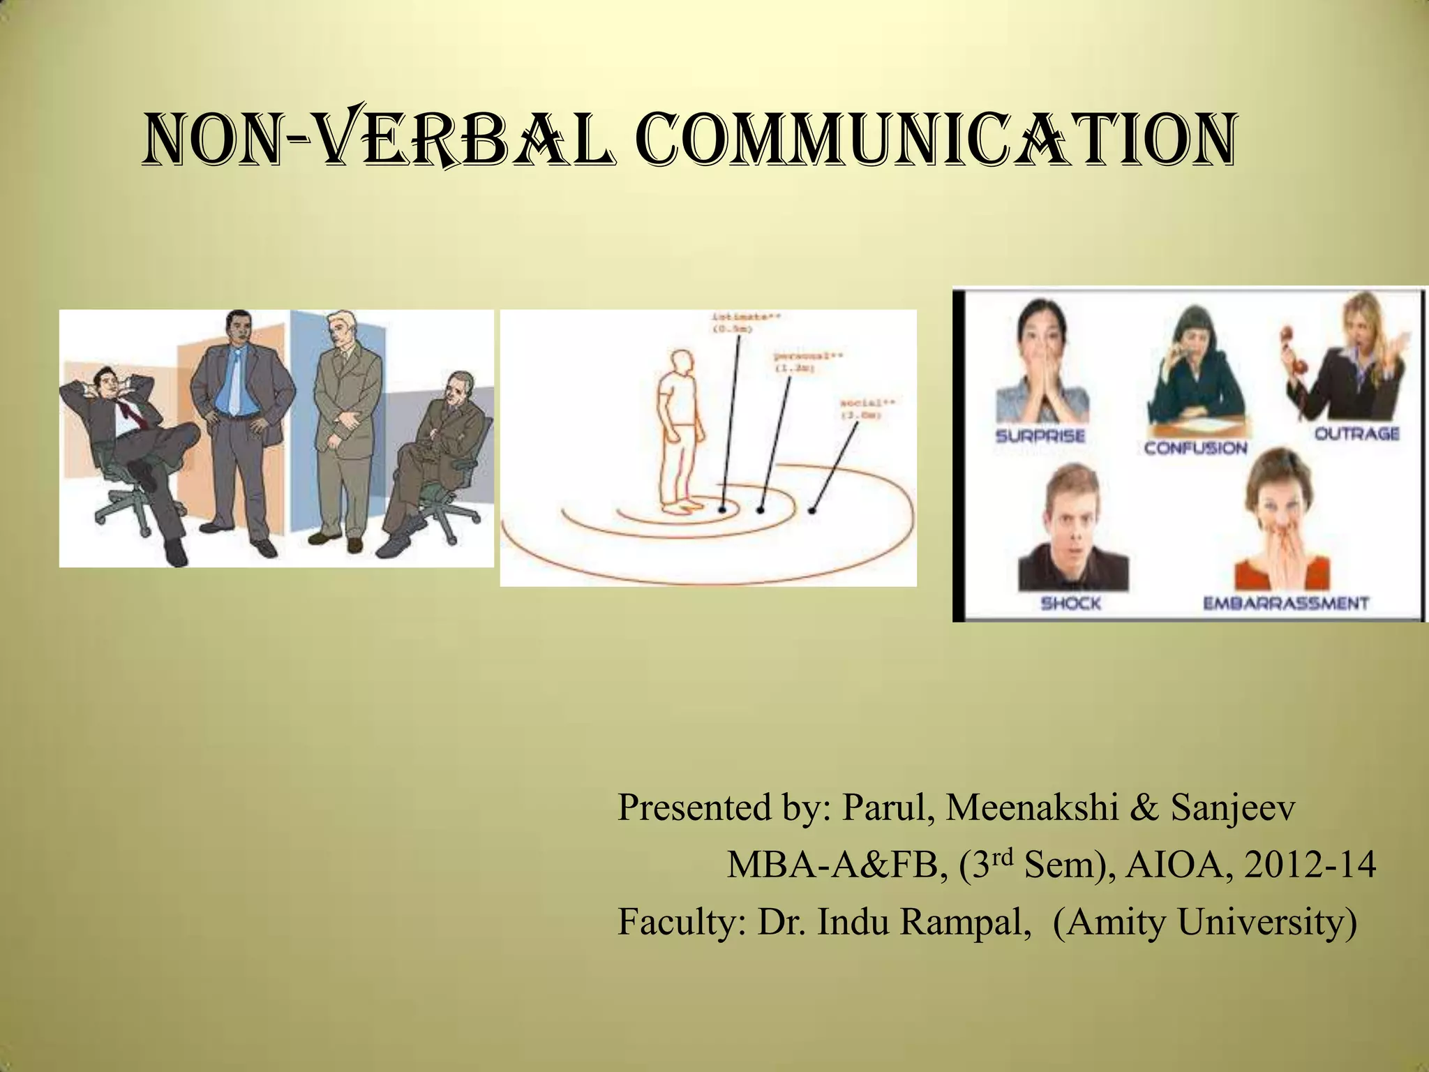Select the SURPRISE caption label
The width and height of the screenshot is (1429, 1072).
tap(1040, 436)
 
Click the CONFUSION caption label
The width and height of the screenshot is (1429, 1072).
tap(1195, 447)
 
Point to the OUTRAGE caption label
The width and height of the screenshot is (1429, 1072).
tap(1357, 433)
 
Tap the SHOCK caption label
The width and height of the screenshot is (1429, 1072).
tap(1070, 603)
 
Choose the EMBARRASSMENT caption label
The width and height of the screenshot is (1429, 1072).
tap(1286, 603)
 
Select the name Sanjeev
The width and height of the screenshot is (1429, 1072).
tap(1233, 808)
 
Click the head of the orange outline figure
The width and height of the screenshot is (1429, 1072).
tap(682, 365)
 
